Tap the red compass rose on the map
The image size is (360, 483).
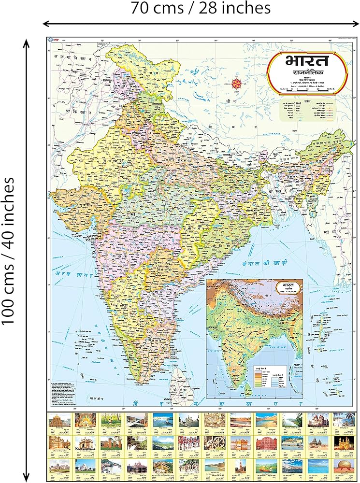click(x=237, y=83)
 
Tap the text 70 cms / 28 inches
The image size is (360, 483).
click(x=200, y=8)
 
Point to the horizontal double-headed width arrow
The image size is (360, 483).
click(x=200, y=23)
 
